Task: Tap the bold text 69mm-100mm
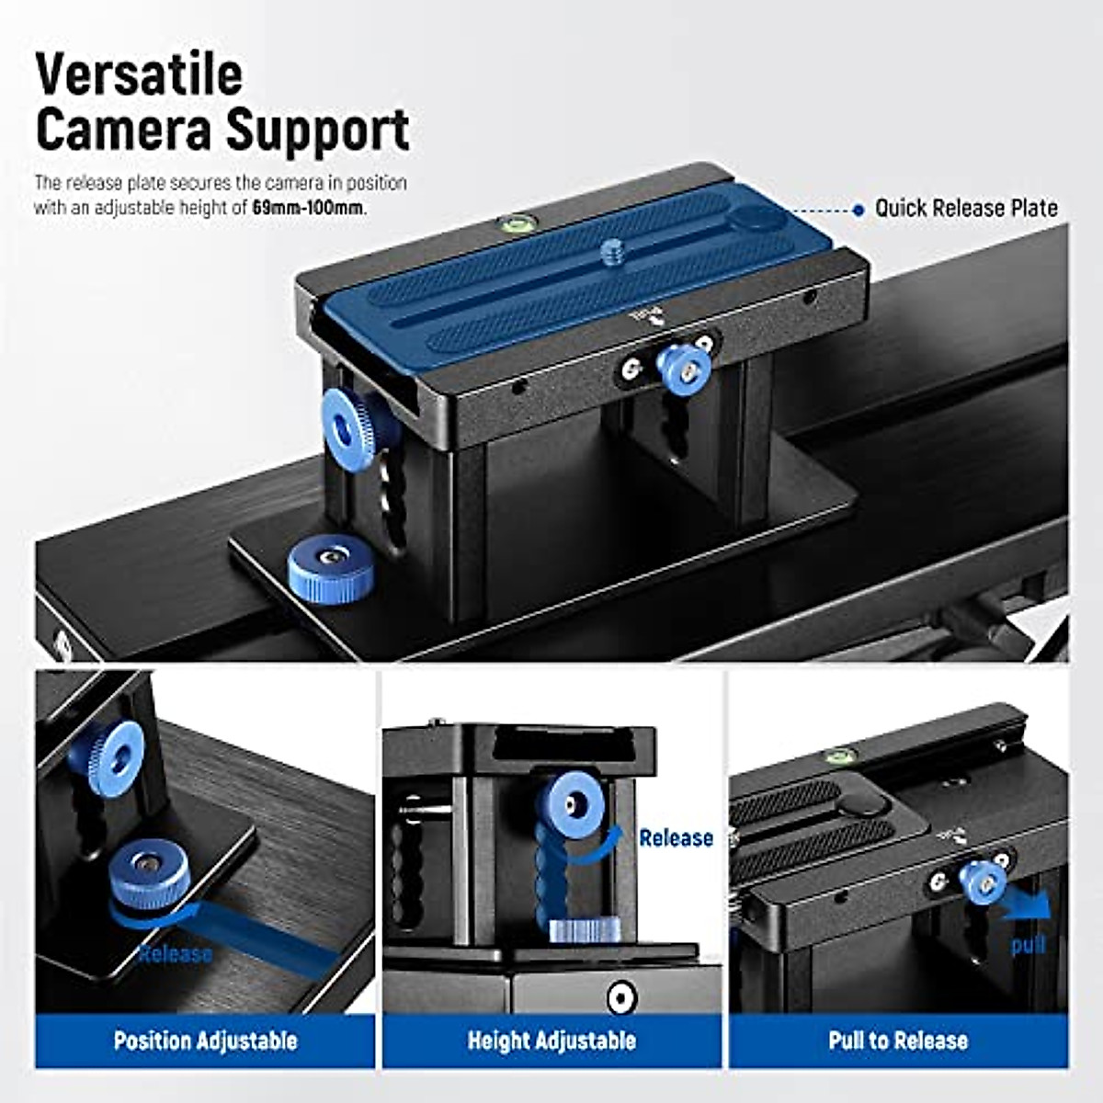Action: [x=308, y=209]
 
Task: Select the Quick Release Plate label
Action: [x=966, y=209]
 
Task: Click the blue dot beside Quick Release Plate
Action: [x=858, y=210]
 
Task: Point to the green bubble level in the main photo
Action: [x=517, y=222]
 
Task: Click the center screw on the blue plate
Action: [x=612, y=249]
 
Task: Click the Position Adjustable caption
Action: [x=205, y=1040]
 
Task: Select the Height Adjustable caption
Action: [x=551, y=1040]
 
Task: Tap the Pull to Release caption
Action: [x=898, y=1040]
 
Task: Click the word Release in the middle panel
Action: [x=676, y=837]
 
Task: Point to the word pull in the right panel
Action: [x=1028, y=945]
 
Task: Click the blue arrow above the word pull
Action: [x=1025, y=904]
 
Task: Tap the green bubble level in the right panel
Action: [x=838, y=756]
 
